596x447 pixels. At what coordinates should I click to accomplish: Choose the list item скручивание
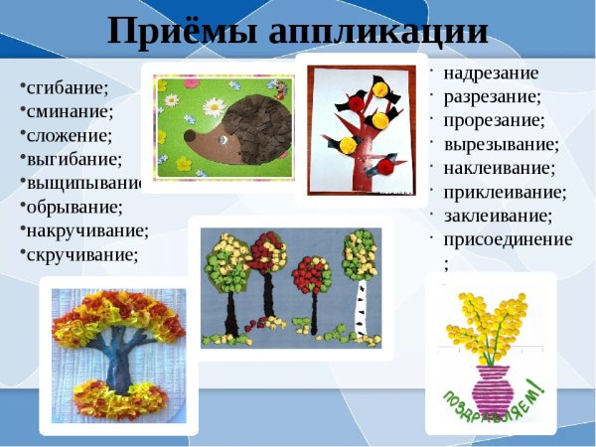(82, 254)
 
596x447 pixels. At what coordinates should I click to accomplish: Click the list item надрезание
(491, 74)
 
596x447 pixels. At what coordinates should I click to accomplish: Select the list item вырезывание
(501, 144)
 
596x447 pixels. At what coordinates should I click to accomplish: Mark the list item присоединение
(508, 238)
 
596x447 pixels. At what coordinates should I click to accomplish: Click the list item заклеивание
(498, 215)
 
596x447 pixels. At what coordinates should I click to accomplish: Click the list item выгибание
(70, 159)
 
